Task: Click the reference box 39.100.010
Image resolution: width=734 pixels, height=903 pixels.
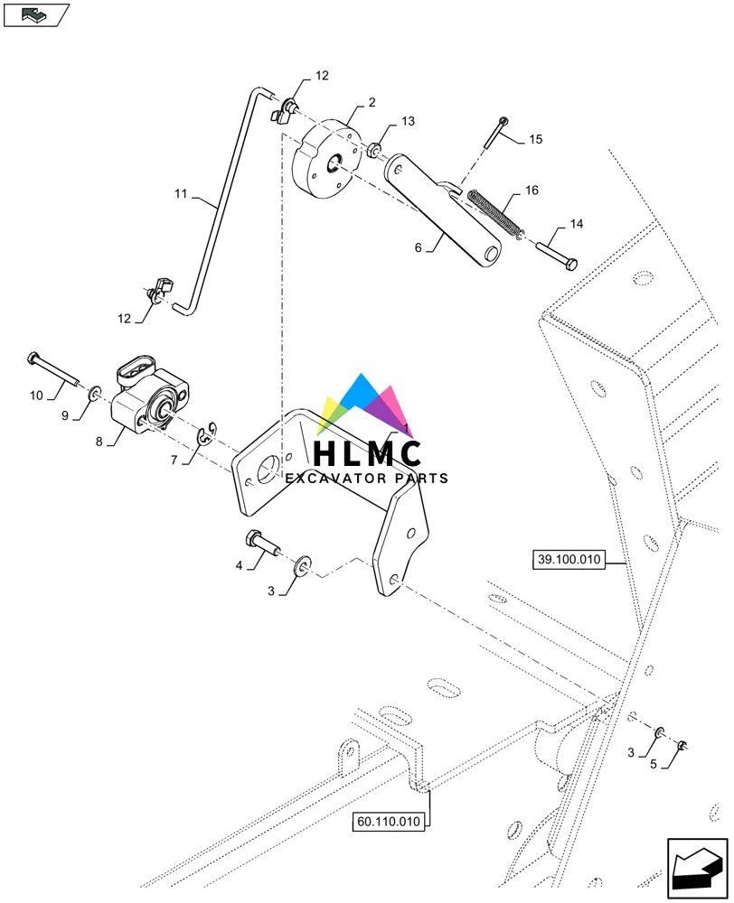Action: [x=568, y=560]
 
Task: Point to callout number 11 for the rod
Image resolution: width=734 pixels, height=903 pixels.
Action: [x=180, y=192]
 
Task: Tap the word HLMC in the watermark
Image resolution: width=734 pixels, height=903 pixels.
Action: [x=366, y=452]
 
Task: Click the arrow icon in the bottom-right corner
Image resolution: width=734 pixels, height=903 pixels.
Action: [x=696, y=869]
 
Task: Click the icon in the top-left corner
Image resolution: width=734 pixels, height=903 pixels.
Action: [x=36, y=14]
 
